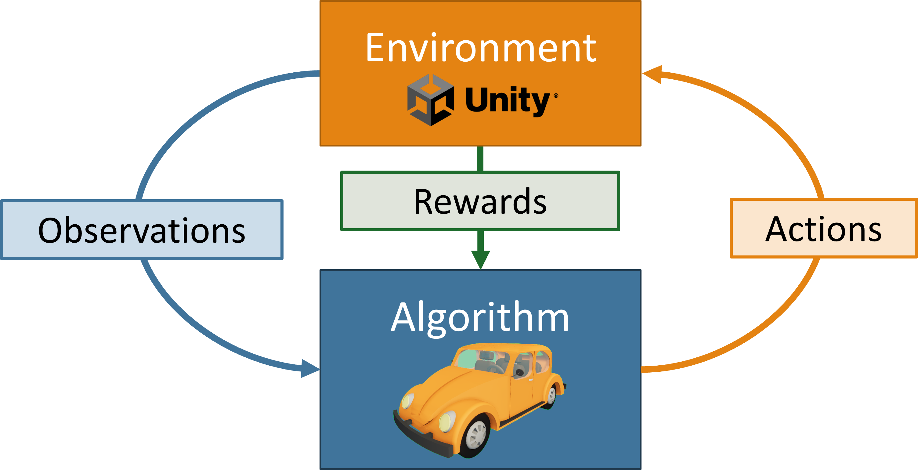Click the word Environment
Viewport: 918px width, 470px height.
point(480,48)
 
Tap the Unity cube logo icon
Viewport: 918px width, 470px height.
point(431,100)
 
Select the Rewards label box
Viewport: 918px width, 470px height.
point(480,201)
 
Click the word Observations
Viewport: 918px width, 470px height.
point(142,231)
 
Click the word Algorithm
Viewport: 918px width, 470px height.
point(480,317)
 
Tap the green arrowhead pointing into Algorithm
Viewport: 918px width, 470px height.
point(480,259)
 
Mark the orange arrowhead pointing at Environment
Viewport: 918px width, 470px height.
point(653,74)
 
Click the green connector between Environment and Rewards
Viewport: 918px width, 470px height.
point(480,159)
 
